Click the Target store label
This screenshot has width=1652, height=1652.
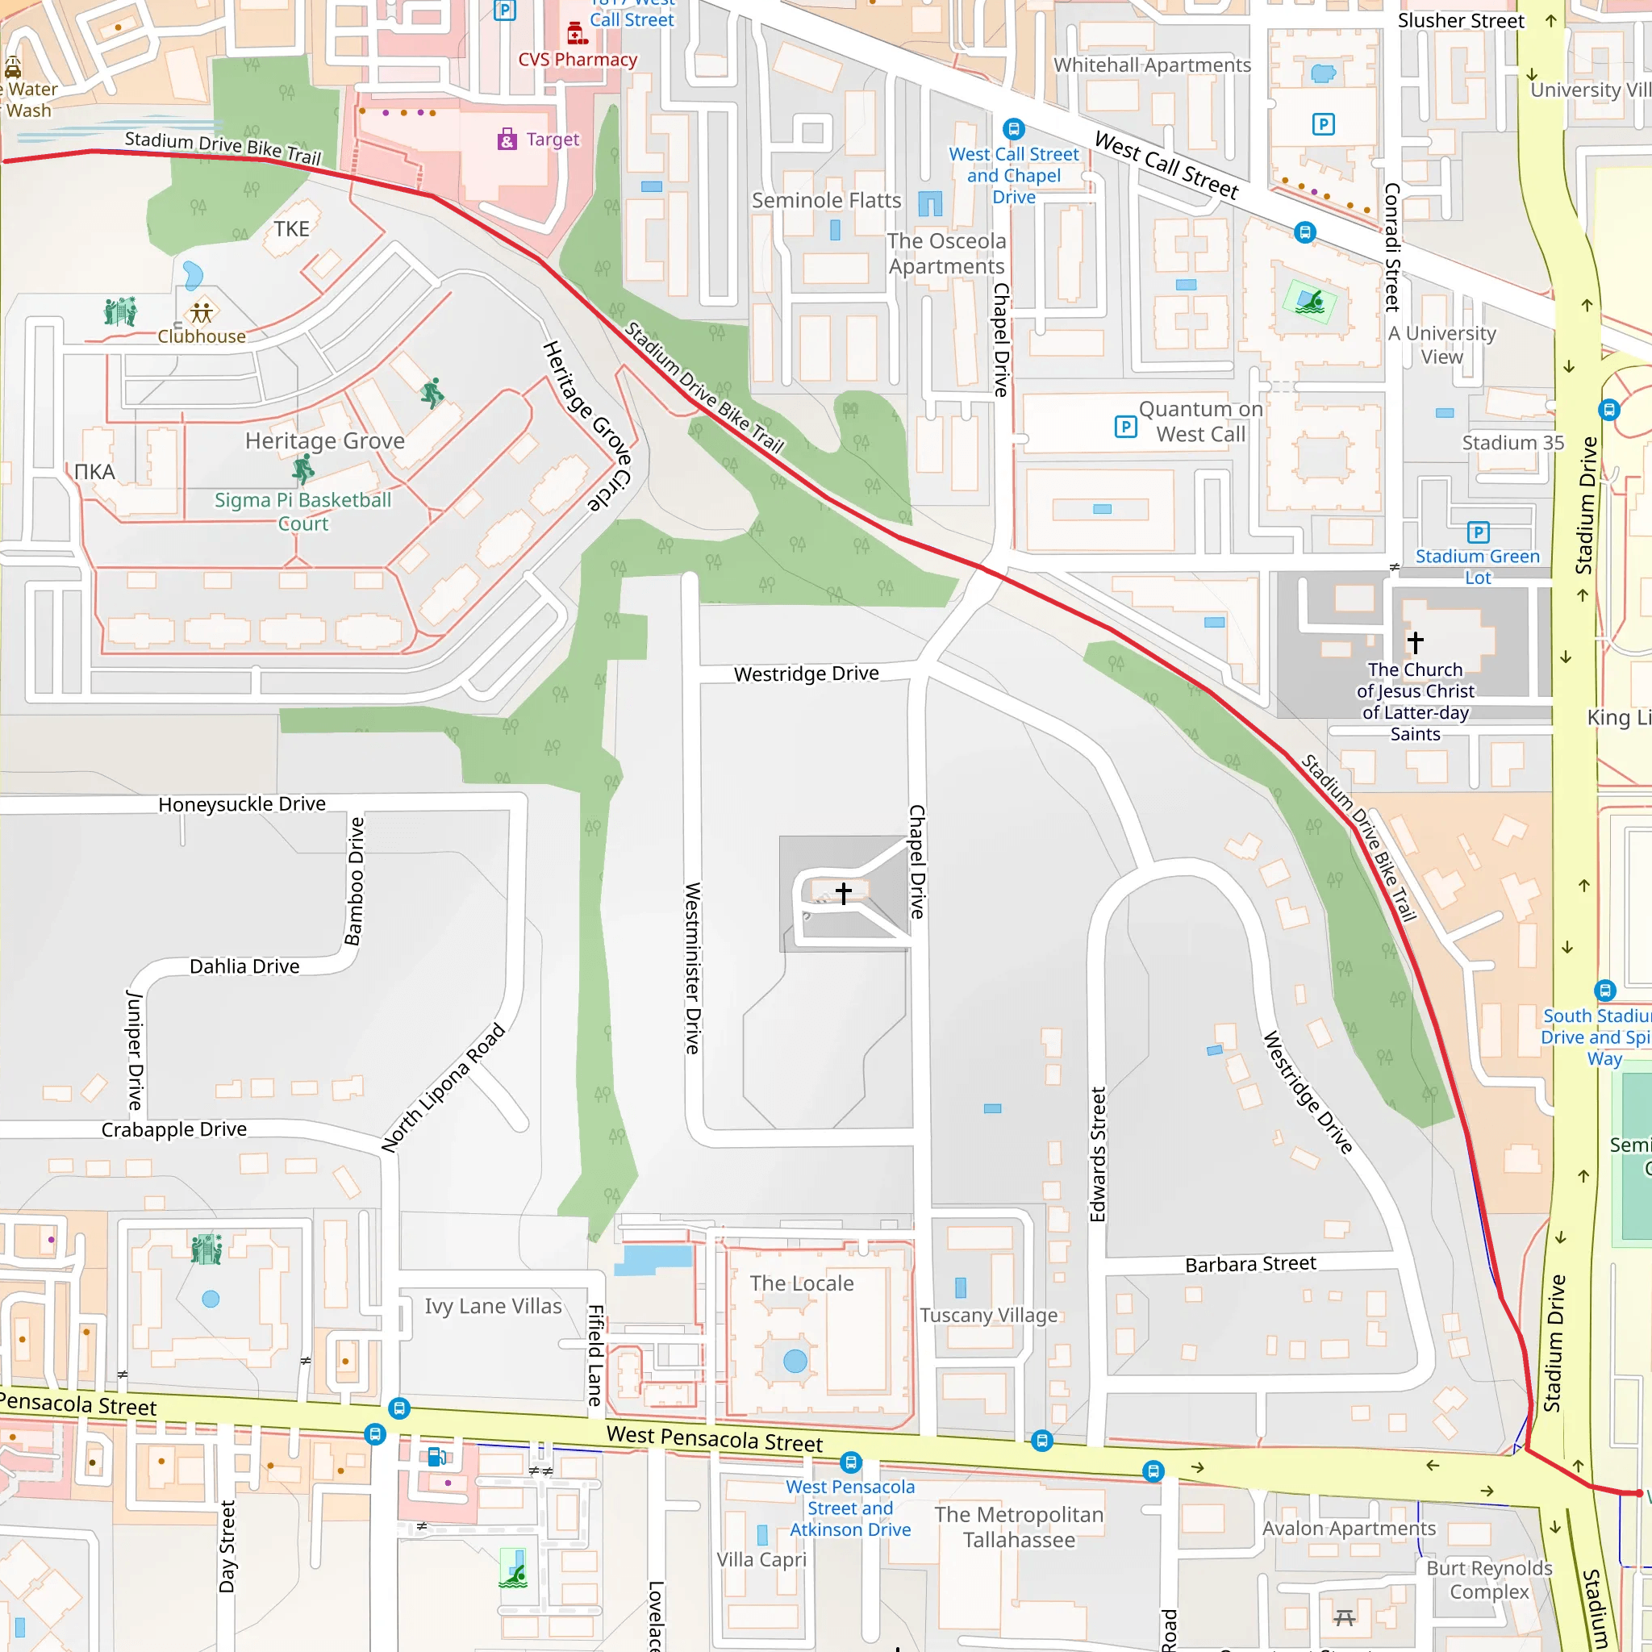click(x=552, y=140)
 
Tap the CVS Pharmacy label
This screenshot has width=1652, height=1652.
click(x=578, y=59)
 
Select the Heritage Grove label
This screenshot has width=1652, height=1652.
click(x=325, y=440)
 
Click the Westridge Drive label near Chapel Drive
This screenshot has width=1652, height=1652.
click(x=806, y=674)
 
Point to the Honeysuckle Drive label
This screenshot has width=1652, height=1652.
click(x=242, y=803)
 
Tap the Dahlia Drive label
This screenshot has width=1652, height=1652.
click(x=244, y=966)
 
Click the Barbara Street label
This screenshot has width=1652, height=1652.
click(x=1250, y=1264)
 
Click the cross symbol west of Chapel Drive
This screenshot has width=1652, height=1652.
click(x=844, y=894)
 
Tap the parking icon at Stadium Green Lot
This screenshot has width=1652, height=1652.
click(x=1479, y=532)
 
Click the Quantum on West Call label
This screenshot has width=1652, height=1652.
click(x=1200, y=422)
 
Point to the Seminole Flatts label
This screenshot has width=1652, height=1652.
click(x=826, y=200)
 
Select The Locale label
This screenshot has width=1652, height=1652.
click(x=801, y=1283)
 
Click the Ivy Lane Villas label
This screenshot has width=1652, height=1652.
click(x=494, y=1307)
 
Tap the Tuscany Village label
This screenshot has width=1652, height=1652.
click(x=988, y=1315)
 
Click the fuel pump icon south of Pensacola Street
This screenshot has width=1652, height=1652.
click(x=436, y=1456)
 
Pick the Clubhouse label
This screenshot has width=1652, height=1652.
click(x=201, y=336)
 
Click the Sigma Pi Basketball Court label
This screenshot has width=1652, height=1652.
click(x=302, y=511)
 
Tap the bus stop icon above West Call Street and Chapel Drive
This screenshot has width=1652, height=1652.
click(x=1013, y=129)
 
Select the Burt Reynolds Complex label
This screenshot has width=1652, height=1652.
click(x=1489, y=1579)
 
